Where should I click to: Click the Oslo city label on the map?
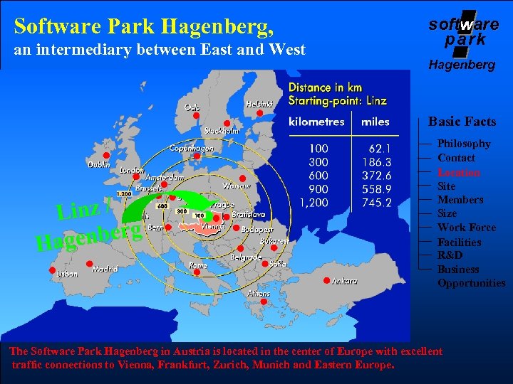point(192,107)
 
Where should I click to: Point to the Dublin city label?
point(99,164)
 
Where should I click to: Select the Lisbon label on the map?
point(67,273)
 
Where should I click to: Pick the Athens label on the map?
point(259,293)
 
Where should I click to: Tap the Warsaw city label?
point(236,186)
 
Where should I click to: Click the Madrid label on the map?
point(105,270)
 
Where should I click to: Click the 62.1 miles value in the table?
point(378,149)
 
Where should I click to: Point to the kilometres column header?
point(316,122)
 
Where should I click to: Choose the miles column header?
point(375,122)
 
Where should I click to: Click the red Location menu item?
point(458,172)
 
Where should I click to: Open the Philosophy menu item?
point(464,144)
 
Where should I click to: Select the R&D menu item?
point(450,255)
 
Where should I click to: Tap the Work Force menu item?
point(466,228)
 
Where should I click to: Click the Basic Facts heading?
point(462,122)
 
